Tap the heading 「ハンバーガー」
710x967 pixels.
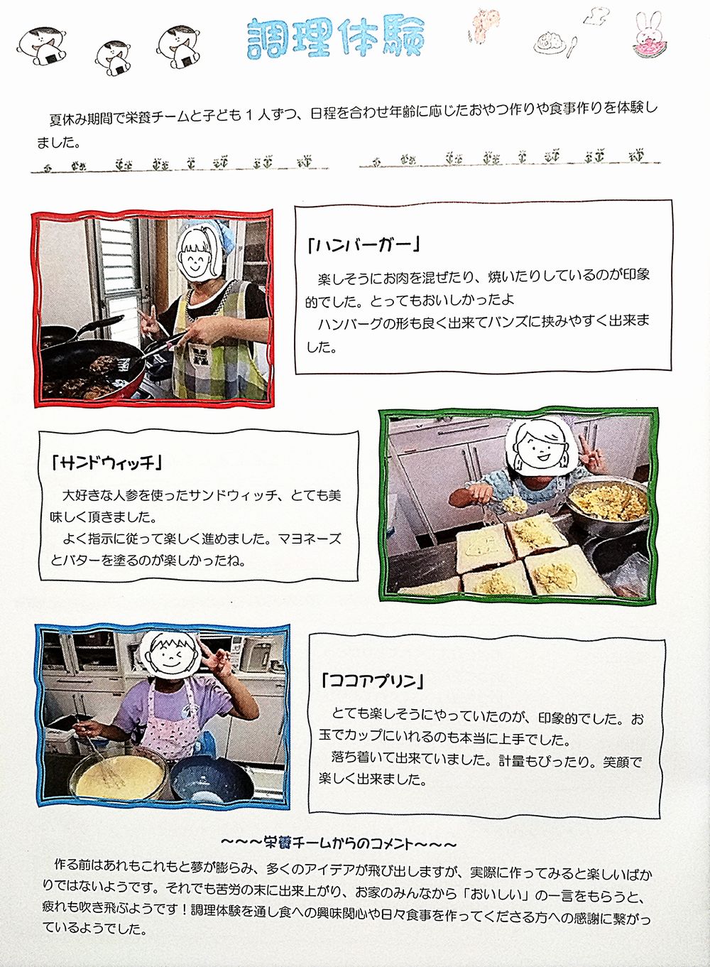click(x=364, y=245)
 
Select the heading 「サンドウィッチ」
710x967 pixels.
click(x=106, y=463)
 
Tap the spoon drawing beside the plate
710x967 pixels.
click(x=571, y=48)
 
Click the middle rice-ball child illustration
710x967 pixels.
click(x=115, y=59)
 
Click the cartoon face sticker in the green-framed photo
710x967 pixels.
click(x=541, y=447)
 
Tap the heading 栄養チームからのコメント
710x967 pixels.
click(x=338, y=843)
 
